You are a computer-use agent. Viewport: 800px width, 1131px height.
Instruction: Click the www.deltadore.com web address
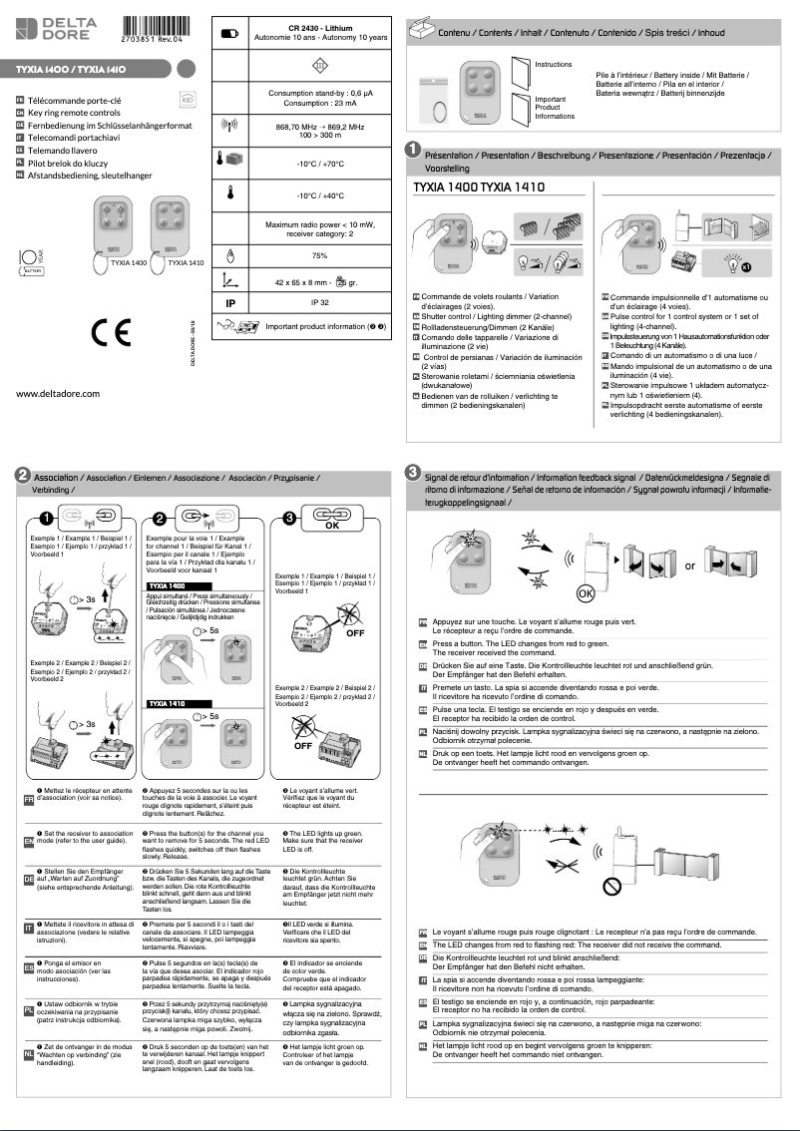coord(59,392)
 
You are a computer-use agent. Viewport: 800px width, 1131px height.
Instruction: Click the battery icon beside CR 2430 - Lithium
coord(229,33)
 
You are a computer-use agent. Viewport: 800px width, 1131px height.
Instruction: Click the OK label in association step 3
coord(333,527)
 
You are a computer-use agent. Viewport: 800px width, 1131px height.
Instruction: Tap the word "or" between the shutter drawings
coord(689,565)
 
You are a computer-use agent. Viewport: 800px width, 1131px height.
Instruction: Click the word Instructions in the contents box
coord(554,63)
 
